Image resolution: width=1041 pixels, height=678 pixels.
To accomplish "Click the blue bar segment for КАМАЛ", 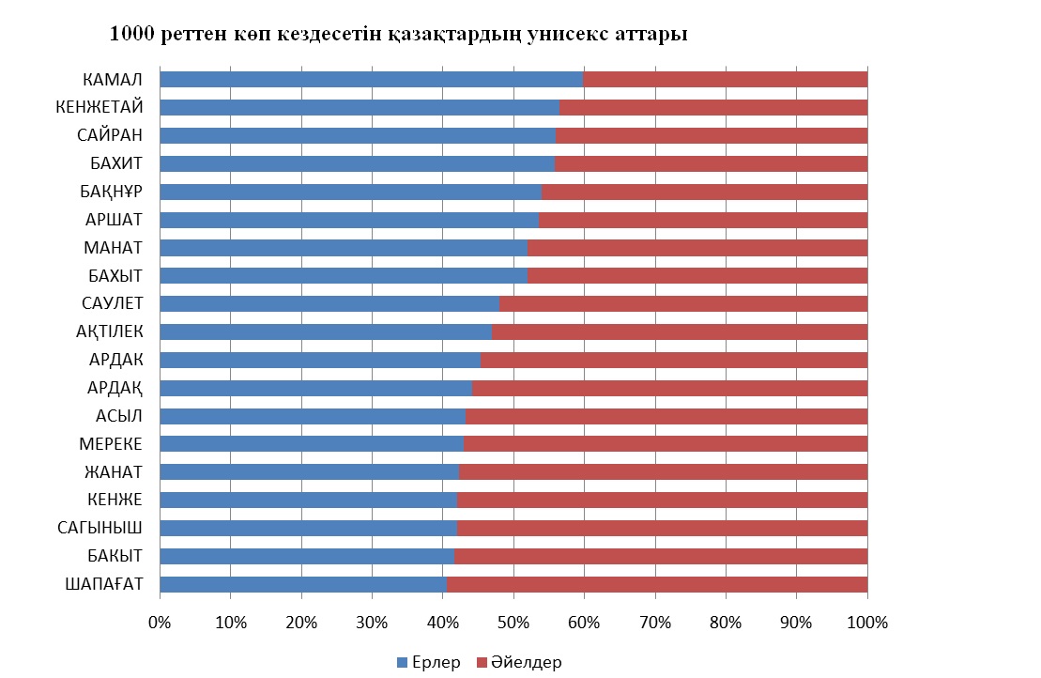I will tap(371, 79).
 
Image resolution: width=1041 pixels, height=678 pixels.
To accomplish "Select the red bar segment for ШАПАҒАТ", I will tap(657, 584).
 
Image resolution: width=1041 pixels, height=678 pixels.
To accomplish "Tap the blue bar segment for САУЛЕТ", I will tap(329, 303).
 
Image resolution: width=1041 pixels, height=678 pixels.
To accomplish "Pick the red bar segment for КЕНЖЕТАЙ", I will tap(713, 107).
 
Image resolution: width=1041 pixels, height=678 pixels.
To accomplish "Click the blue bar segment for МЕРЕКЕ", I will tap(312, 444).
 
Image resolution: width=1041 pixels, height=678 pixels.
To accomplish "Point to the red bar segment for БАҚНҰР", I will tap(704, 192).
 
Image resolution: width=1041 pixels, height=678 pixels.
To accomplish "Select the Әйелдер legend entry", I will tap(520, 663).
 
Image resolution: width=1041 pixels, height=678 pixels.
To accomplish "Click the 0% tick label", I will tap(160, 622).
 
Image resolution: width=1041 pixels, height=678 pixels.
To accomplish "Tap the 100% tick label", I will tap(866, 622).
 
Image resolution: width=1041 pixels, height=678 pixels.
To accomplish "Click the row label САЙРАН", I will tap(110, 135).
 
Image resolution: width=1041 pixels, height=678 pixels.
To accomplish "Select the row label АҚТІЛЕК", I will tap(109, 331).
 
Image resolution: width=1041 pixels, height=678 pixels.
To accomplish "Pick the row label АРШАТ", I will tap(115, 220).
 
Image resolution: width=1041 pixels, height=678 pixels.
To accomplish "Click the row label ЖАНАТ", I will tap(112, 471).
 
